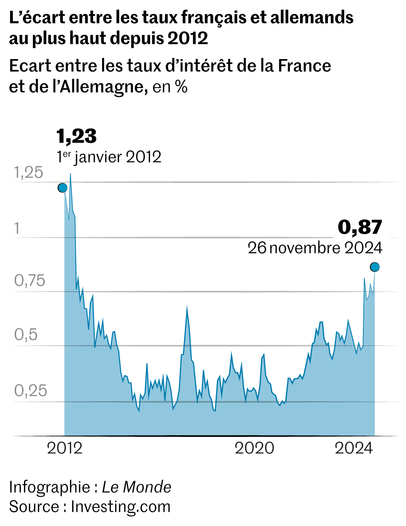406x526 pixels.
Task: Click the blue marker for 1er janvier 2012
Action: point(63,188)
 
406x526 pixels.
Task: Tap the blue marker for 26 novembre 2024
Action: point(375,267)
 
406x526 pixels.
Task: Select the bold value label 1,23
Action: point(77,136)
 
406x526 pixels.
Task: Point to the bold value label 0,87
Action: point(360,227)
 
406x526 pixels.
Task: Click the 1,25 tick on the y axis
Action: point(29,173)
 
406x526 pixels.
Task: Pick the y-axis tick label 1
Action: point(17,228)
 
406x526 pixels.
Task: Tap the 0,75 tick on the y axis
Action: point(30,281)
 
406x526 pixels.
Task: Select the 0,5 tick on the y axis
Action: point(26,334)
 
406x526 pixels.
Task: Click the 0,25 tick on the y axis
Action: point(31,391)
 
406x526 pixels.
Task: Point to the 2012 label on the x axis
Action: point(65,448)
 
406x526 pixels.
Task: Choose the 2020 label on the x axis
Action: point(254,448)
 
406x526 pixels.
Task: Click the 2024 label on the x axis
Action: point(354,448)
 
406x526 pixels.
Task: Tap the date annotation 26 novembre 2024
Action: point(315,248)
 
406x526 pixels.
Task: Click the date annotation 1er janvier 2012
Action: point(109,157)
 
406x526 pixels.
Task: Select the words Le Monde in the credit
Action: point(136,487)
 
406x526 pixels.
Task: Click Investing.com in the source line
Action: point(121,507)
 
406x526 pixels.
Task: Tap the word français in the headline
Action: point(215,18)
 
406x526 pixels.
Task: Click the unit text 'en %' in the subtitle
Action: point(170,87)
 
